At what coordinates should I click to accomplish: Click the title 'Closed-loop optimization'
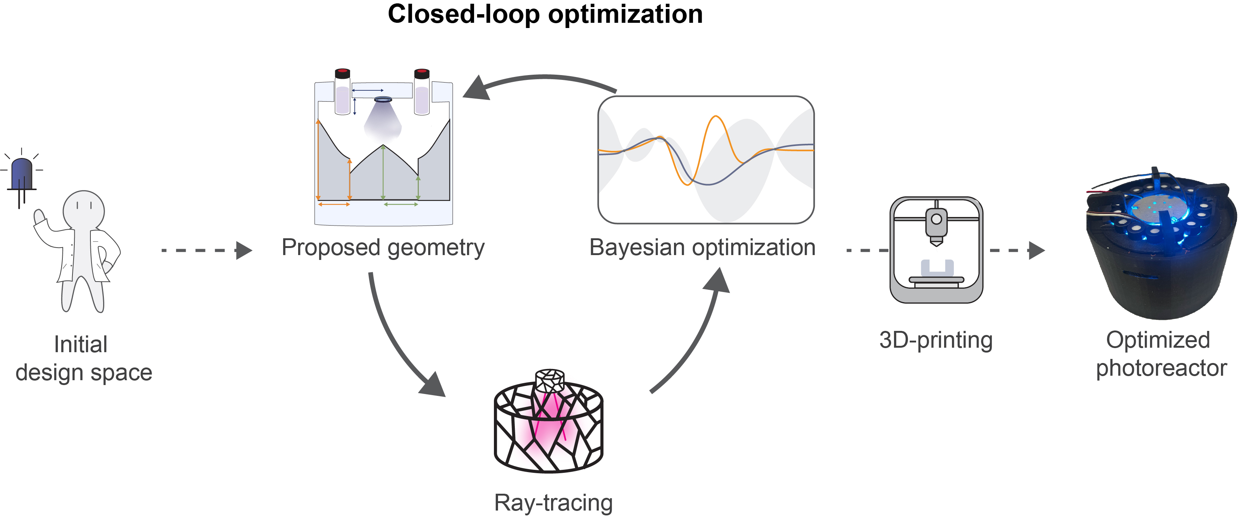(x=545, y=15)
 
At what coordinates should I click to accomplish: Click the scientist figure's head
(x=84, y=210)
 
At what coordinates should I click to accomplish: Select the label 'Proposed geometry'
(x=383, y=248)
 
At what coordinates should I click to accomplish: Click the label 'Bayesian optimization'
(x=702, y=248)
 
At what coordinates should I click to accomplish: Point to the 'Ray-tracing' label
(x=553, y=503)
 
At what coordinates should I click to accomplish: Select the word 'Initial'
(x=81, y=345)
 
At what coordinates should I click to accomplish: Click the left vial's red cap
(x=343, y=73)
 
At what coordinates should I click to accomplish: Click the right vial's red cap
(x=422, y=73)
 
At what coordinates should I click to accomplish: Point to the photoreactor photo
(x=1160, y=246)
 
